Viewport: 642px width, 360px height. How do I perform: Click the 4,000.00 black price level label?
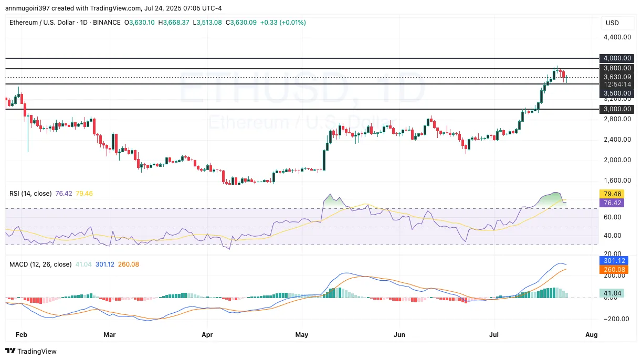pyautogui.click(x=617, y=58)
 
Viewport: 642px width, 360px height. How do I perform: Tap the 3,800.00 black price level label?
pyautogui.click(x=617, y=68)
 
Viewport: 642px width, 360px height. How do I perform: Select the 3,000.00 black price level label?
pyautogui.click(x=617, y=109)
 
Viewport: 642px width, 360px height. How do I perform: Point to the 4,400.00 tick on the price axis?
pyautogui.click(x=617, y=37)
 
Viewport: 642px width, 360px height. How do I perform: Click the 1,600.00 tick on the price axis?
pyautogui.click(x=617, y=181)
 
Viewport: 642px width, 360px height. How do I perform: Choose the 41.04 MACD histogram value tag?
pyautogui.click(x=612, y=293)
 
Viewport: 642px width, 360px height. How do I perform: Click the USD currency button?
pyautogui.click(x=612, y=23)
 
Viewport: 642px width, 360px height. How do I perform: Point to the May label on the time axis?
pyautogui.click(x=301, y=334)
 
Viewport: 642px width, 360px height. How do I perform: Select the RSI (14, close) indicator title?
pyautogui.click(x=30, y=194)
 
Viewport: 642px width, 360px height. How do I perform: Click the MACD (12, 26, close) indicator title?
pyautogui.click(x=40, y=264)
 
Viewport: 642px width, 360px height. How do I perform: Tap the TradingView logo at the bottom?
pyautogui.click(x=31, y=351)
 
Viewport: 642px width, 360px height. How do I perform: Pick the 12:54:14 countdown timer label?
pyautogui.click(x=617, y=84)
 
